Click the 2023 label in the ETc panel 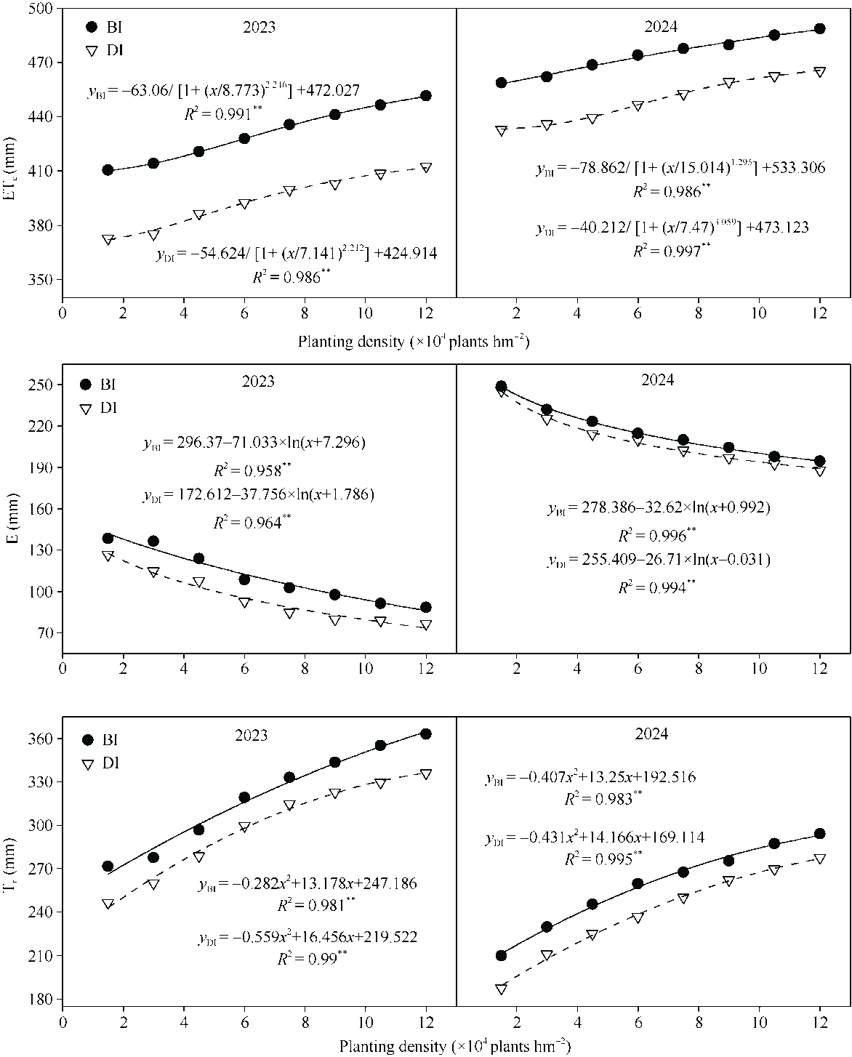point(258,27)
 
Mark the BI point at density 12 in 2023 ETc point(426,95)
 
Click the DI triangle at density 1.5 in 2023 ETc point(108,240)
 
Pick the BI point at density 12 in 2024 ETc point(820,28)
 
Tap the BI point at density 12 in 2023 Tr point(426,734)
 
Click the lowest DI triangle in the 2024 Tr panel point(501,989)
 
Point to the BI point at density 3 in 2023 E point(153,541)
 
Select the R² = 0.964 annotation point(247,522)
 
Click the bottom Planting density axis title point(454,1047)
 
